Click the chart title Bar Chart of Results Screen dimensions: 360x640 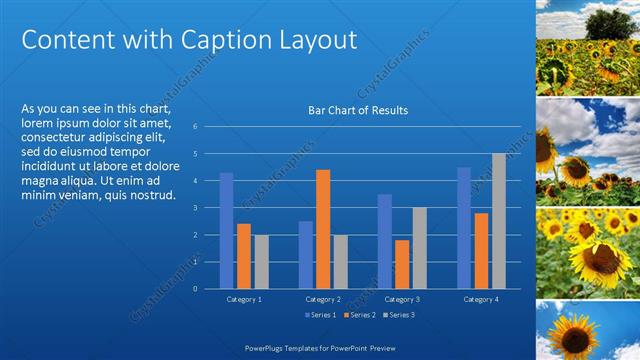tap(357, 110)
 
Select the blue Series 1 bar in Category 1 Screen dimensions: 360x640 tap(226, 230)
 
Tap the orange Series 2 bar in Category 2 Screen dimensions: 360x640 tap(323, 229)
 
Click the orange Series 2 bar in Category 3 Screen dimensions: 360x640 tap(401, 264)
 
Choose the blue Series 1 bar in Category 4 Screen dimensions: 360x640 tap(464, 227)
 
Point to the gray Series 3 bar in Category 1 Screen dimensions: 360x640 tap(261, 261)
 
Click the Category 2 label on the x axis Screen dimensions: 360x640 tap(323, 299)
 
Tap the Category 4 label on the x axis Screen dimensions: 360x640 tap(481, 299)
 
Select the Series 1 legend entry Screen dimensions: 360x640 tap(321, 315)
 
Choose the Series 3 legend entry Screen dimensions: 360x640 tap(401, 315)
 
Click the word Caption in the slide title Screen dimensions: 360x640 tap(219, 40)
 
